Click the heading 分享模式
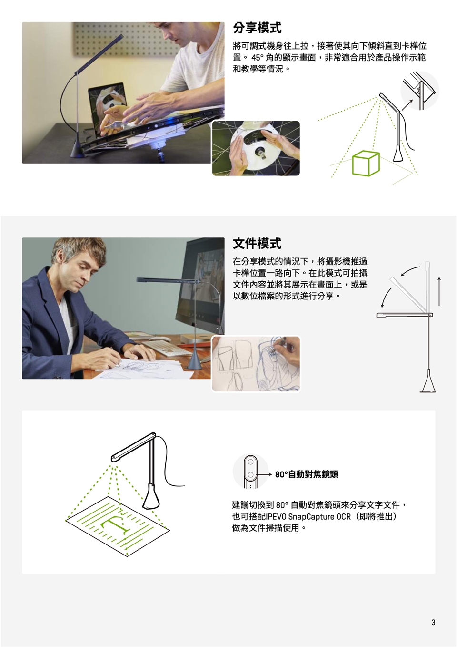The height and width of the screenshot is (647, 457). point(257,28)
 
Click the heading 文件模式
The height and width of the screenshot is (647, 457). point(257,243)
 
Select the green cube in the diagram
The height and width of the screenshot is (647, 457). point(366,163)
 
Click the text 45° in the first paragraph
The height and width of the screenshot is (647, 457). point(258,58)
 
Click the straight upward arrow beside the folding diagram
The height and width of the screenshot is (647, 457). point(439,291)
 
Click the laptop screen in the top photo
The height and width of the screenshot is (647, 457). point(107,109)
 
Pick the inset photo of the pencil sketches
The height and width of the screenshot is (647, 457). point(256,364)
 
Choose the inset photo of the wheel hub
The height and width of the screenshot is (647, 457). point(256,148)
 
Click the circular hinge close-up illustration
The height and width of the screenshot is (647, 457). point(420,91)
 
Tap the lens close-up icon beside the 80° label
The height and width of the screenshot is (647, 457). point(250,472)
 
